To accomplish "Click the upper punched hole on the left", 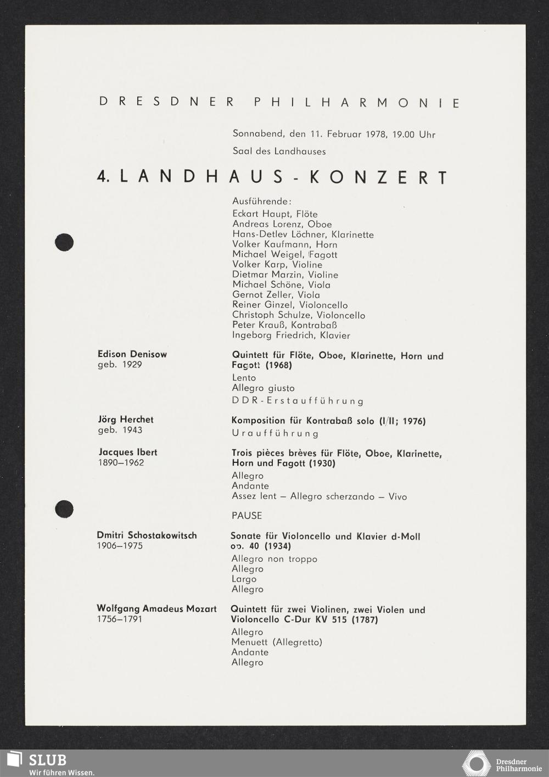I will pos(64,242).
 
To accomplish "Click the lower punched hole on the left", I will pos(64,509).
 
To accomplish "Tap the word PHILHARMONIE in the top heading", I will pos(357,103).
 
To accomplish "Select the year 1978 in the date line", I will pos(376,134).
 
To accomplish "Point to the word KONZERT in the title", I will pos(379,177).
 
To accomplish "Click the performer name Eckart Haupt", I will pos(261,214).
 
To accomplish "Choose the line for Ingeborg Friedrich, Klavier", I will pos(291,335).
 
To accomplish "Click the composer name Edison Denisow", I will pos(132,354).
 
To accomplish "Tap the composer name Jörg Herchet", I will pos(126,420).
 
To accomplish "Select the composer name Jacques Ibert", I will pos(128,452).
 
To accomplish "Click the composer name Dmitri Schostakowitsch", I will pos(147,535).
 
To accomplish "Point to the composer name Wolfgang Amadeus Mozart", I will pos(156,608).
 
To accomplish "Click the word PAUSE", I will pos(247,516).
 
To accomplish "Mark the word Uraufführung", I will pos(275,433).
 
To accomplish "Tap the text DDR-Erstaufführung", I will pos(298,401).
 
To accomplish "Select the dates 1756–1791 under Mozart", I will pos(120,619).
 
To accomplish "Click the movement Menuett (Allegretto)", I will pos(277,642).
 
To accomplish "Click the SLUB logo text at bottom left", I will pos(48,760).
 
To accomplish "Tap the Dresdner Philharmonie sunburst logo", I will pos(476,764).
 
